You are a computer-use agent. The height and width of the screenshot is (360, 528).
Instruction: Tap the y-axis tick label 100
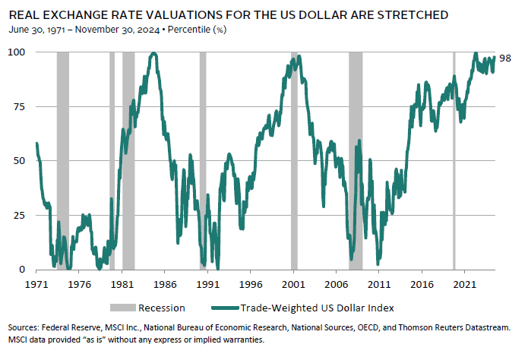tap(16, 52)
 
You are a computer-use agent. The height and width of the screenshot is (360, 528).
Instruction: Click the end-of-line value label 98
tap(505, 57)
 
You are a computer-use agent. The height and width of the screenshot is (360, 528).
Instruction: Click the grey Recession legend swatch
tap(123, 307)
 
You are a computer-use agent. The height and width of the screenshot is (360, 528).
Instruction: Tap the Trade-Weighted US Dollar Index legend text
tap(315, 307)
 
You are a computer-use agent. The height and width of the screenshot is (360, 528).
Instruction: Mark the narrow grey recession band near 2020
tap(454, 159)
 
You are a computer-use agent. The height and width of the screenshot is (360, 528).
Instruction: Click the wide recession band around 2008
tap(356, 159)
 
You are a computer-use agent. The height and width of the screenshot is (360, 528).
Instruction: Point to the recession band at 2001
tap(295, 159)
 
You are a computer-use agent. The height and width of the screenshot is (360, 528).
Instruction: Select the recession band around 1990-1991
tap(203, 159)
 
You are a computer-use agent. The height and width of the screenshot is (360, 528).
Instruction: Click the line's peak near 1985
tap(153, 53)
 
